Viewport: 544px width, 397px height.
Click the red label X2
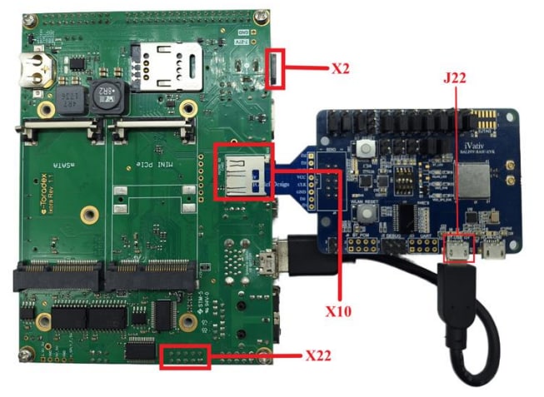(339, 69)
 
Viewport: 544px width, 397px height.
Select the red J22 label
(456, 78)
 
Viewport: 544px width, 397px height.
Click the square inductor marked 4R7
(71, 100)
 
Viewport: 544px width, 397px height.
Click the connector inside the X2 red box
(275, 68)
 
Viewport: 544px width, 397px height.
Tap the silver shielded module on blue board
(473, 178)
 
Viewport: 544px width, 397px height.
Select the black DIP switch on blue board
(407, 175)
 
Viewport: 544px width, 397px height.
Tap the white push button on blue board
(363, 150)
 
